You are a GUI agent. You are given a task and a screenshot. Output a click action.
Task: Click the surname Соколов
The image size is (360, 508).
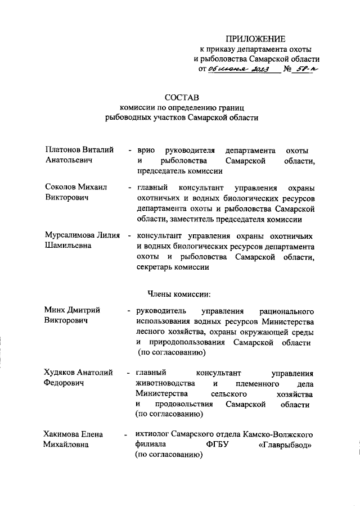tap(61, 187)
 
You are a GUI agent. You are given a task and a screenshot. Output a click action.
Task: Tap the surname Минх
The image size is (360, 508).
tap(55, 310)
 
